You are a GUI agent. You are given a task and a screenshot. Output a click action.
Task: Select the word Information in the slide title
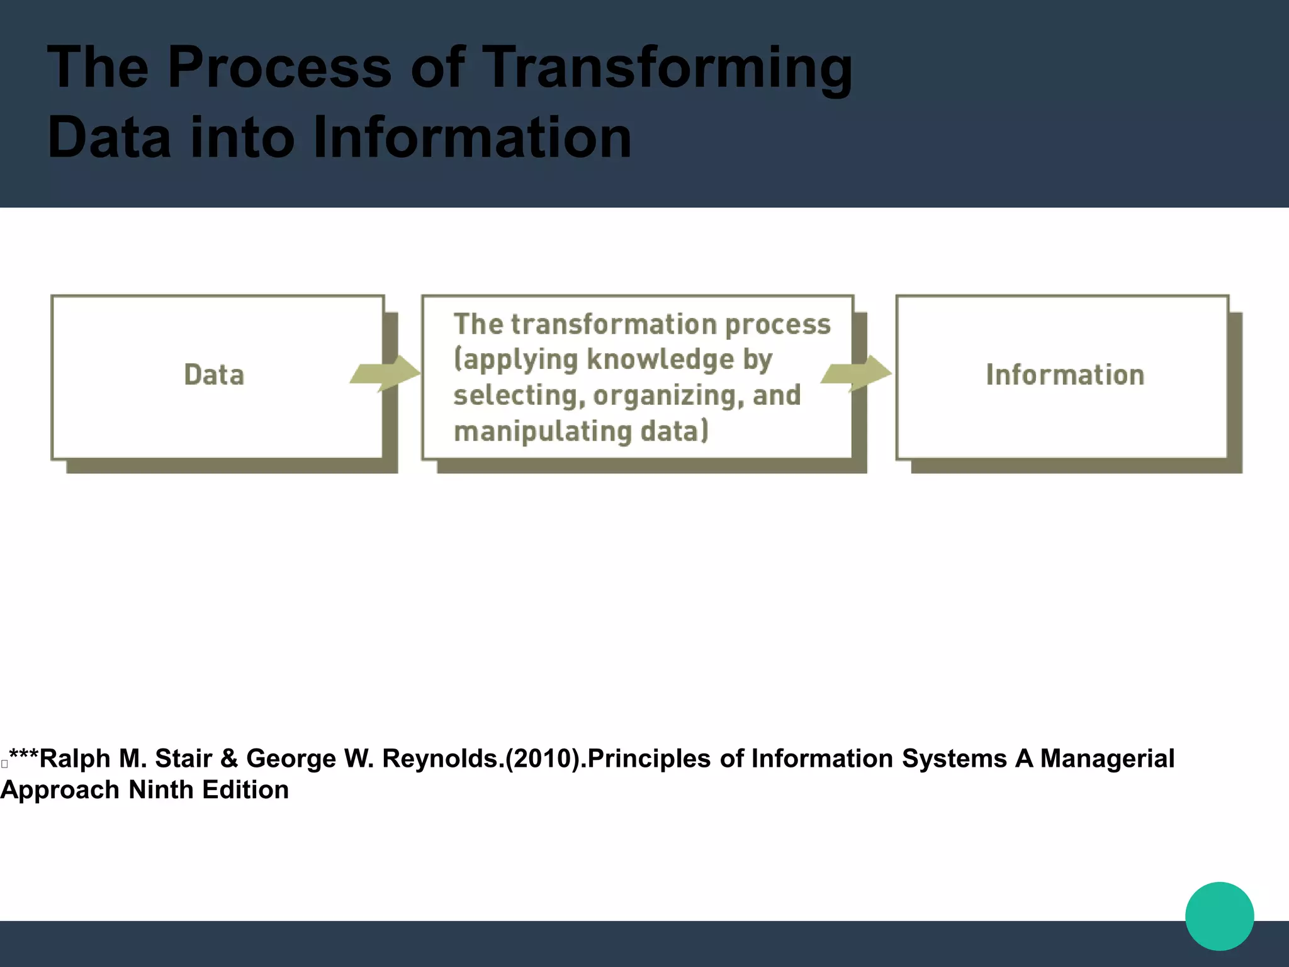(471, 137)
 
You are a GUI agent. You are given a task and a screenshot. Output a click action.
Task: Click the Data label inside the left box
(214, 375)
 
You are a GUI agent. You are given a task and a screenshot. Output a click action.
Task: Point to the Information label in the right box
(1065, 375)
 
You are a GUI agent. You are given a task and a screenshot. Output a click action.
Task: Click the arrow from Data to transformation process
(386, 373)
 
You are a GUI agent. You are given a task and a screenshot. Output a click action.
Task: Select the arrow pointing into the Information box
(857, 373)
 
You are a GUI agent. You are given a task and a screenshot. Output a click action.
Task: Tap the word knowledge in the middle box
(661, 359)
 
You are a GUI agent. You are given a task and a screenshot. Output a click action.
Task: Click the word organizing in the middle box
(668, 395)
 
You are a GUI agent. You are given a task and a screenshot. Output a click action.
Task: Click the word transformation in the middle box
(614, 324)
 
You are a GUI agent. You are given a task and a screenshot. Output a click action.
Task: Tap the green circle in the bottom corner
(1219, 916)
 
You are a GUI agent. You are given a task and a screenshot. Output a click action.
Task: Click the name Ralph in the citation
(74, 759)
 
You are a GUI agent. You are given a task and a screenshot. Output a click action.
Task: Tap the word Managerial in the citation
(1107, 759)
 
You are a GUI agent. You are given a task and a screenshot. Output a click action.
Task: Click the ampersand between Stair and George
(229, 759)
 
